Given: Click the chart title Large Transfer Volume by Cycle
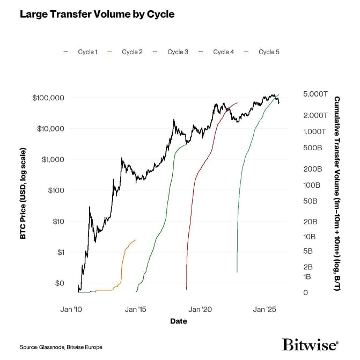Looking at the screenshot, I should pyautogui.click(x=97, y=14).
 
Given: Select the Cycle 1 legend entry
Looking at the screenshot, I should pyautogui.click(x=86, y=52).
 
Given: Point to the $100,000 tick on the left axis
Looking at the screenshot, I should pyautogui.click(x=48, y=98).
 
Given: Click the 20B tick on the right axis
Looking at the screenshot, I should pyautogui.click(x=307, y=222).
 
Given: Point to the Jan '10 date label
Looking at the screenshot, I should pyautogui.click(x=71, y=309).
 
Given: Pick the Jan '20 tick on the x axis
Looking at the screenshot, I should pyautogui.click(x=201, y=309).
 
